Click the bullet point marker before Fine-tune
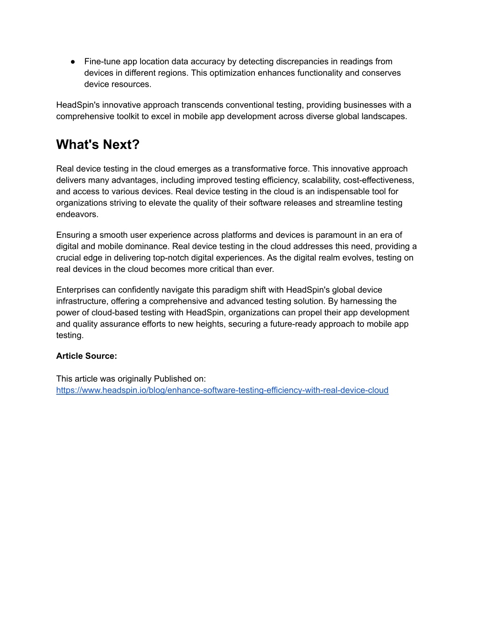(73, 62)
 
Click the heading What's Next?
(98, 144)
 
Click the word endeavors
(77, 214)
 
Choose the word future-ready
(294, 324)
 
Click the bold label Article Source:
(86, 356)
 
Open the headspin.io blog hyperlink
(222, 390)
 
